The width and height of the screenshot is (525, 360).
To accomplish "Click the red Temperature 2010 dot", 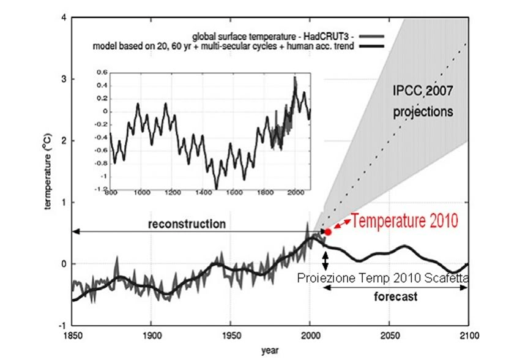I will pos(328,232).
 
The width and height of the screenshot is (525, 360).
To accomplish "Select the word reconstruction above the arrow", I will pos(187,224).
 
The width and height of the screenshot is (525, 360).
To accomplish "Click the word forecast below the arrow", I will pos(395,298).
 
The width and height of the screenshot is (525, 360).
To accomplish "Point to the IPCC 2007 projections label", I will pos(422,102).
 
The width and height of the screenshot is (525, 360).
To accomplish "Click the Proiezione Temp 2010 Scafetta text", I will pos(383,279).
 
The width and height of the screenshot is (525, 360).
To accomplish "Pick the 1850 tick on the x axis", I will pos(72,336).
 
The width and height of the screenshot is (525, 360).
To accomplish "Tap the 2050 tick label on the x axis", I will pos(389,336).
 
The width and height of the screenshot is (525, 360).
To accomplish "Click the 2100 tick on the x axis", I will pos(468,336).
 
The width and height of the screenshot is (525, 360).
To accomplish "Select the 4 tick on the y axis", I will pos(63,18).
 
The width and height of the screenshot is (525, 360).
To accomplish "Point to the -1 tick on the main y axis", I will pos(62,325).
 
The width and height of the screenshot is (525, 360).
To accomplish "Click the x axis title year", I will pos(270,351).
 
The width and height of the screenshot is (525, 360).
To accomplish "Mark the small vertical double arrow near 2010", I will pos(326,260).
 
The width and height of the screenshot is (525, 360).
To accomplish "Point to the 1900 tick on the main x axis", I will pos(151,336).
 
